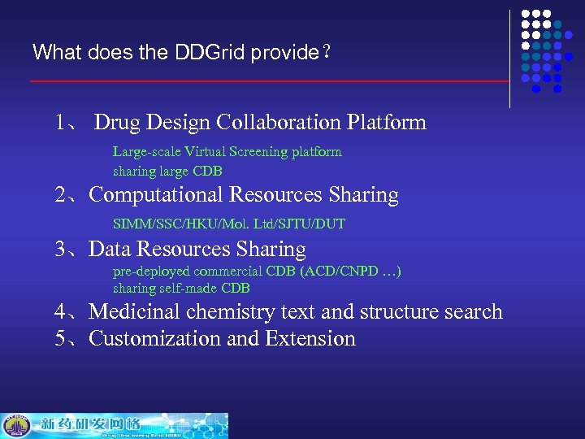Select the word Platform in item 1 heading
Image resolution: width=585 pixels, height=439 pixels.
click(386, 123)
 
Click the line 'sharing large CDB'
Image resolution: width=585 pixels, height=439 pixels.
click(167, 172)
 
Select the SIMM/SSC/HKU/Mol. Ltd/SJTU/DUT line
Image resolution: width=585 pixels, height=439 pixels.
click(229, 224)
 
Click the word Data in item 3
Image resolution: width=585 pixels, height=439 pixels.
click(110, 250)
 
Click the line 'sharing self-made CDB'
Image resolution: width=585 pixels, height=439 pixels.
click(181, 289)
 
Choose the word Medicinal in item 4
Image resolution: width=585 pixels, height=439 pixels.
click(135, 312)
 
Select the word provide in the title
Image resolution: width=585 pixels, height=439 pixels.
click(284, 54)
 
